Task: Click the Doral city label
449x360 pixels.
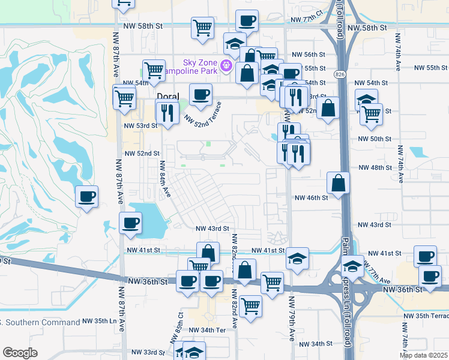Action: pyautogui.click(x=167, y=96)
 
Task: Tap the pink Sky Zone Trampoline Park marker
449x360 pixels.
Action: pyautogui.click(x=226, y=65)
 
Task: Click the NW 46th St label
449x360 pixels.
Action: pyautogui.click(x=311, y=197)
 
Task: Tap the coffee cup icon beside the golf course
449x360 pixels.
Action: pyautogui.click(x=87, y=196)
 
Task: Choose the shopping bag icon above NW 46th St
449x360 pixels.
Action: pyautogui.click(x=339, y=184)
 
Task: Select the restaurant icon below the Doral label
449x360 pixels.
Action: pyautogui.click(x=167, y=112)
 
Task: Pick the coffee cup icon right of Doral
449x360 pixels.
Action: pyautogui.click(x=200, y=94)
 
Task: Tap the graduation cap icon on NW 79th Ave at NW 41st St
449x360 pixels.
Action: pyautogui.click(x=297, y=259)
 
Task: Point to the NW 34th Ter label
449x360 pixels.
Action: pyautogui.click(x=206, y=330)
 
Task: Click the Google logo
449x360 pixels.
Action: pyautogui.click(x=20, y=353)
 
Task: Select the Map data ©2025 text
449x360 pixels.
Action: pyautogui.click(x=423, y=355)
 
